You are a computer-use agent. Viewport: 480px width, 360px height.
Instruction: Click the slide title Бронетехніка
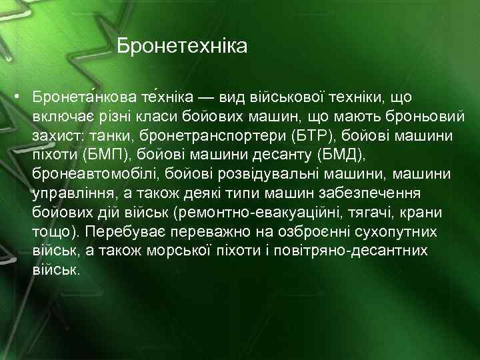coord(182,47)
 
